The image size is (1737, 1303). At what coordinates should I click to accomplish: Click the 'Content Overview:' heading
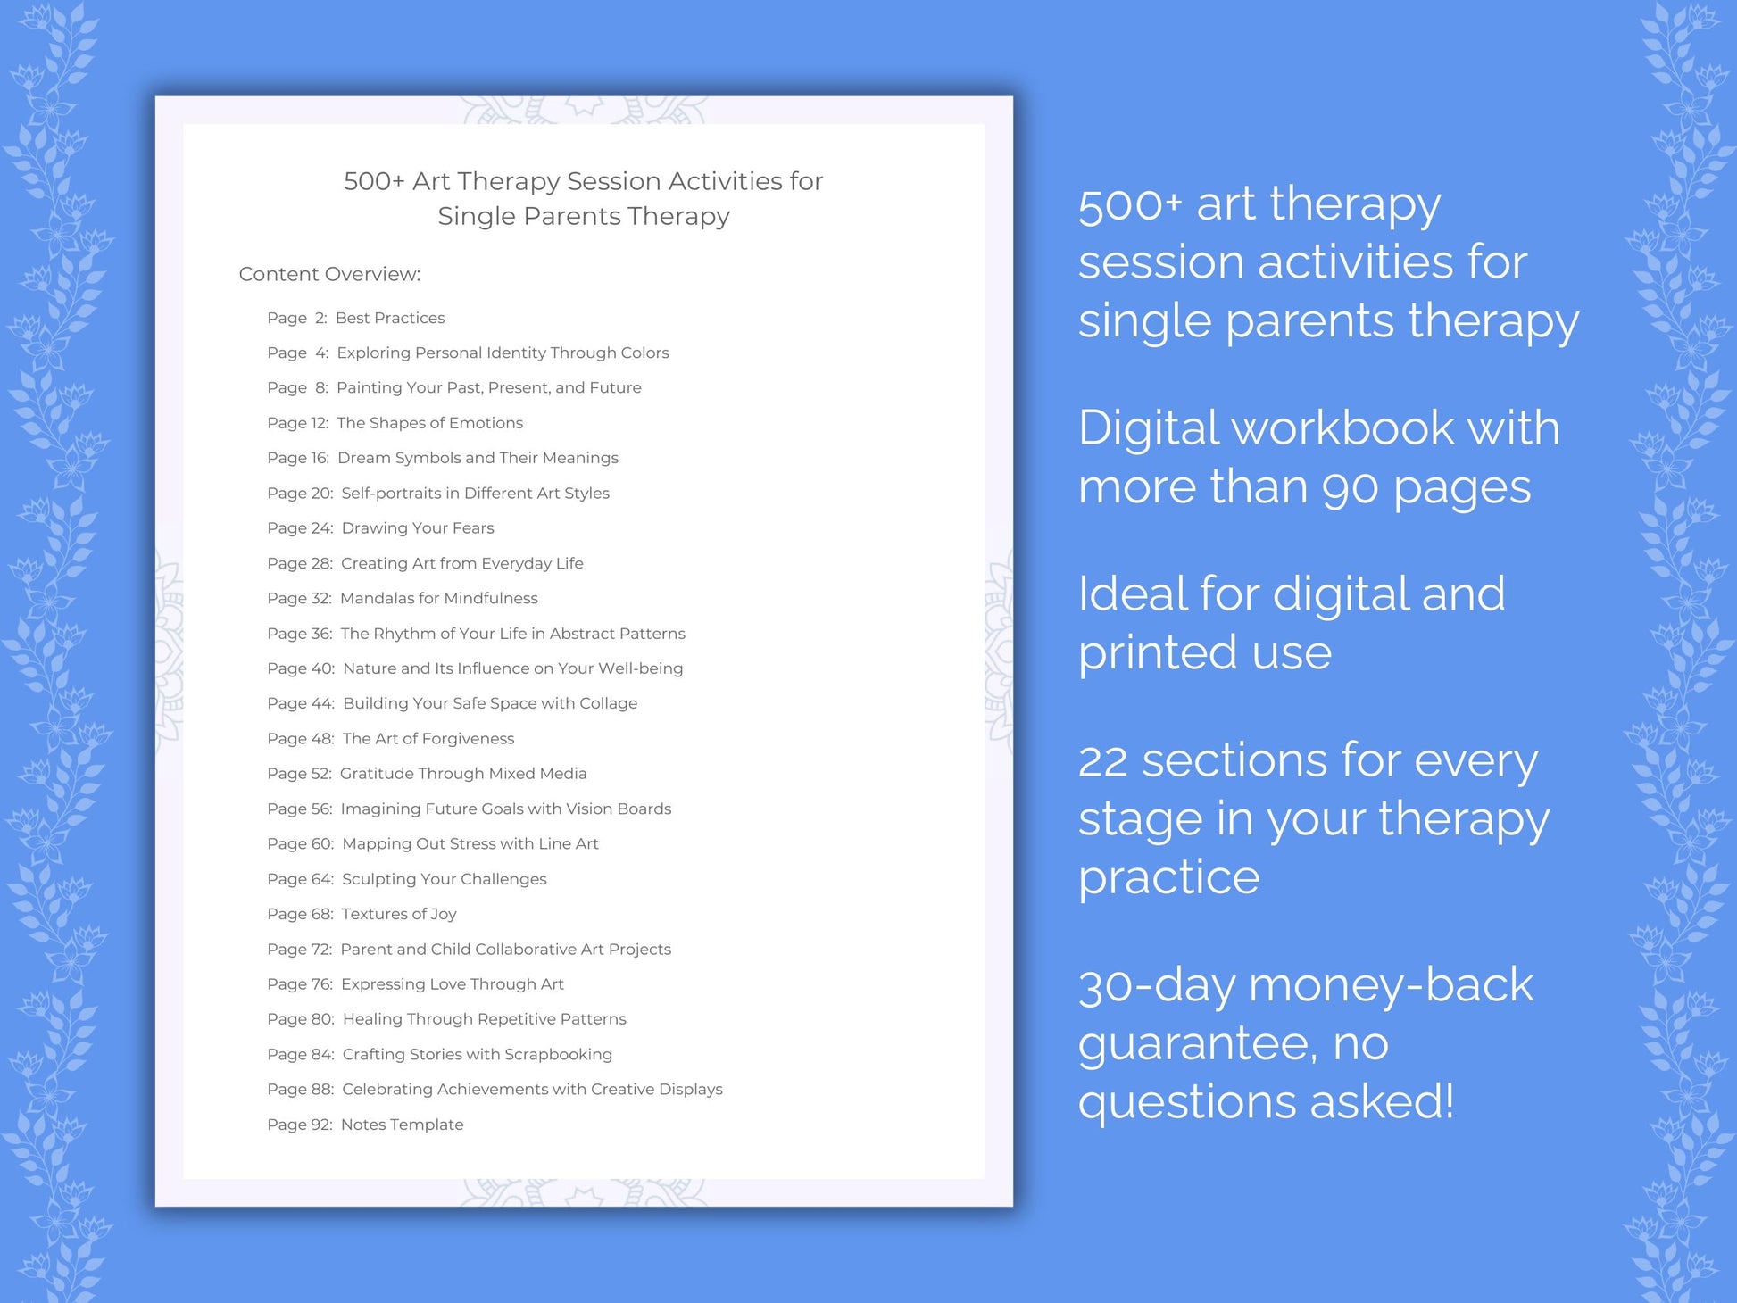pyautogui.click(x=329, y=274)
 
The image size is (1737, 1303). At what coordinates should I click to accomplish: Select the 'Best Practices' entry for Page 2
pyautogui.click(x=390, y=318)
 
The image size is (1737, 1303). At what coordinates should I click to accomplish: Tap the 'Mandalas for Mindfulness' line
pyautogui.click(x=438, y=598)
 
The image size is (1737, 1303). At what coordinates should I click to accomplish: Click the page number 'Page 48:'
pyautogui.click(x=300, y=739)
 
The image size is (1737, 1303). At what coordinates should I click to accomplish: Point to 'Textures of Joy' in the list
pyautogui.click(x=398, y=914)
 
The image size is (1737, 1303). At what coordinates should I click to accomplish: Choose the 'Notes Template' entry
pyautogui.click(x=402, y=1125)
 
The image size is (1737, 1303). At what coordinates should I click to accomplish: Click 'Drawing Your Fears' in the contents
pyautogui.click(x=417, y=528)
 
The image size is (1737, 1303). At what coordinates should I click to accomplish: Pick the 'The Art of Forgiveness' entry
pyautogui.click(x=428, y=739)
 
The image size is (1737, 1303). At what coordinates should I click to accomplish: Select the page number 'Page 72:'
pyautogui.click(x=299, y=949)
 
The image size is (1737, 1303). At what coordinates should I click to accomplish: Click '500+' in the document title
pyautogui.click(x=374, y=181)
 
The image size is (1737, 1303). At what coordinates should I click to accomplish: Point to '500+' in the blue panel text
pyautogui.click(x=1129, y=205)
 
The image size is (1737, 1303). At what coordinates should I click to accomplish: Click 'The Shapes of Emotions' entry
pyautogui.click(x=429, y=423)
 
